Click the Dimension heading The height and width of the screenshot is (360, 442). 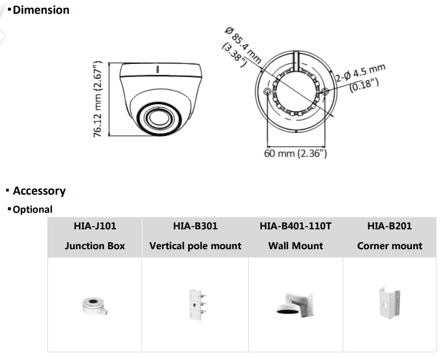pos(41,10)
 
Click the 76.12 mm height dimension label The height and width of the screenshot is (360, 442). pos(98,99)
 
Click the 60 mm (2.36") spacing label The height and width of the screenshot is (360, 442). pos(295,153)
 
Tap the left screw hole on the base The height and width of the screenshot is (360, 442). pos(268,92)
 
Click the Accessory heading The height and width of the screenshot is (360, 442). pos(39,191)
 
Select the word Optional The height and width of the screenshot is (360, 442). pos(33,209)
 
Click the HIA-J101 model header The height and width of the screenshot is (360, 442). pos(95,226)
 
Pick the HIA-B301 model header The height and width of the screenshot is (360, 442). pos(195,226)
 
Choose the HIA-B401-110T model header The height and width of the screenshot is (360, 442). pos(296,226)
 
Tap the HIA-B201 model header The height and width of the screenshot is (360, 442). pos(390,226)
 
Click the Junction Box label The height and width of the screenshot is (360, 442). pos(95,246)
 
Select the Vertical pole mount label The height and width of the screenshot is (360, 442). pos(195,246)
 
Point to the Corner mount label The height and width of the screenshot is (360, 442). pos(390,246)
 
